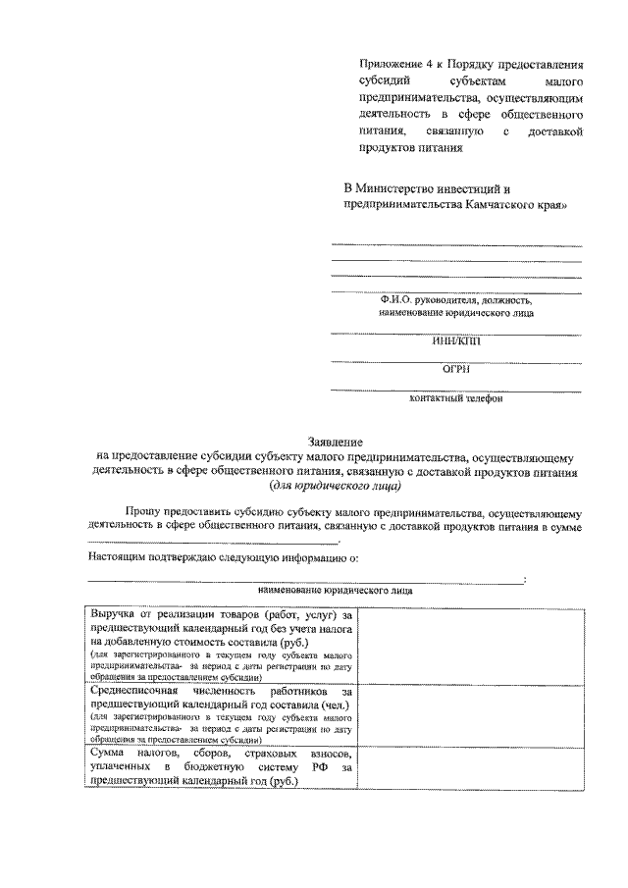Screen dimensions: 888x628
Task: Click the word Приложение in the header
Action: pyautogui.click(x=387, y=62)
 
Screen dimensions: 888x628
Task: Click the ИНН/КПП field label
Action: pyautogui.click(x=456, y=341)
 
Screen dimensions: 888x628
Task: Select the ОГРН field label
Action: pyautogui.click(x=456, y=370)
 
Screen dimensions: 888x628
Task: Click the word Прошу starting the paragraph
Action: pyautogui.click(x=143, y=512)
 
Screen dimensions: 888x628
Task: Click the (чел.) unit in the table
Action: pyautogui.click(x=334, y=704)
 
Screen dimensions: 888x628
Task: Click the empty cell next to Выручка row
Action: pyautogui.click(x=475, y=644)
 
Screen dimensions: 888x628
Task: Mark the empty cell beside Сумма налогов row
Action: pyautogui.click(x=475, y=765)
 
